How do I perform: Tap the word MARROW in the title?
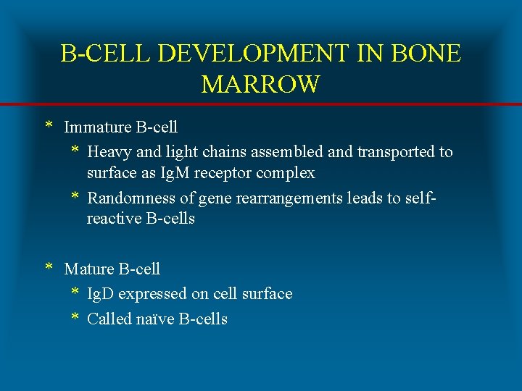click(260, 85)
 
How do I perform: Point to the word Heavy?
click(109, 152)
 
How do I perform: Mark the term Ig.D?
click(101, 294)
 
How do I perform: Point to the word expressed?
click(152, 294)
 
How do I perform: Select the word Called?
click(109, 319)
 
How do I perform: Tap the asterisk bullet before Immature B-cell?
click(49, 127)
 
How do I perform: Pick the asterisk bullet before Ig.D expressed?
click(75, 293)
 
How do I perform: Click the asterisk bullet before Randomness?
click(75, 198)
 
